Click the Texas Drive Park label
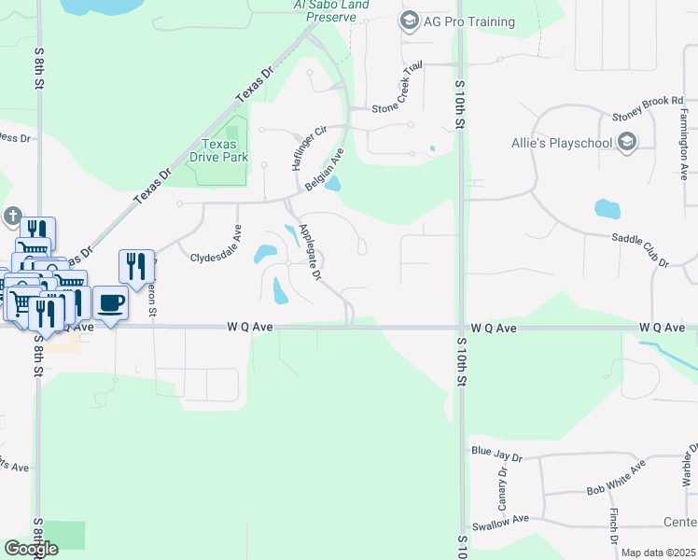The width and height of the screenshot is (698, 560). (x=225, y=151)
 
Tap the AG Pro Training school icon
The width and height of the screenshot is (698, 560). (x=409, y=21)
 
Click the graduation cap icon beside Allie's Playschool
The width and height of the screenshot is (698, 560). (x=627, y=142)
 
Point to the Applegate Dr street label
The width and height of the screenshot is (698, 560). (x=308, y=251)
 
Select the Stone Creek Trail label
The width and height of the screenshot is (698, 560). (x=398, y=92)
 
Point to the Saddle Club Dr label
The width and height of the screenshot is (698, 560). (x=640, y=252)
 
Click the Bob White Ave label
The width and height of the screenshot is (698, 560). (x=617, y=478)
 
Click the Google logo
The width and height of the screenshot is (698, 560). (x=31, y=549)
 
